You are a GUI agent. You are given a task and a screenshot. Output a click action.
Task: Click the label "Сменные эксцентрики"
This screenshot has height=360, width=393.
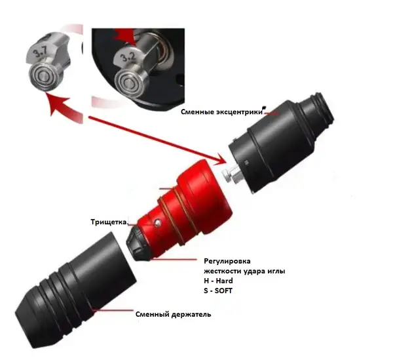pyautogui.click(x=221, y=111)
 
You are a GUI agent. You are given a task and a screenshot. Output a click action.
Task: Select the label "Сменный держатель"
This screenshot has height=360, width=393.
pyautogui.click(x=173, y=314)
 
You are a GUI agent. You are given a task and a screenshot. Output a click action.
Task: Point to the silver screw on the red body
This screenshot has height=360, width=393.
pyautogui.click(x=159, y=222)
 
